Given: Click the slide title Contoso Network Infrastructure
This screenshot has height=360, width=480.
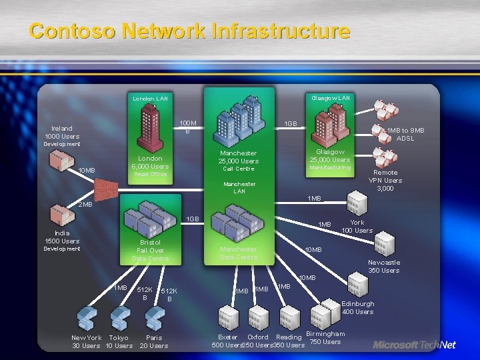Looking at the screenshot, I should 189,31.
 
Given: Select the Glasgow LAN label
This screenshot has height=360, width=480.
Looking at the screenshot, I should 330,97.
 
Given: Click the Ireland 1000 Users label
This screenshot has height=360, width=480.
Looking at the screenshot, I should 61,132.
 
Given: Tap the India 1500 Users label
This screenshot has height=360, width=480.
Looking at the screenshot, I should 62,237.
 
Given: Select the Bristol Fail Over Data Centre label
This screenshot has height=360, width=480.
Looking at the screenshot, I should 150,250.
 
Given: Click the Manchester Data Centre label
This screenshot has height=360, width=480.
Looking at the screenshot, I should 239,253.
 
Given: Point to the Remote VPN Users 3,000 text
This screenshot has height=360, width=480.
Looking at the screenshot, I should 385,180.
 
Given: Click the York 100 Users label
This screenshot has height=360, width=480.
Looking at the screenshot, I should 357,227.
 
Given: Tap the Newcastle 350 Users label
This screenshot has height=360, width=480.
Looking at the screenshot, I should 384,266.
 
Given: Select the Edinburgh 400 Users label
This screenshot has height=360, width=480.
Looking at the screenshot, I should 358,307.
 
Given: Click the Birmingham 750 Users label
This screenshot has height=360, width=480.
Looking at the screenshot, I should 325,337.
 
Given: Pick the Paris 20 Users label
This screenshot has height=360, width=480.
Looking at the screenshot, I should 154,341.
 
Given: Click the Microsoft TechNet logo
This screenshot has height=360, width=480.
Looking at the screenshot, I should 414,345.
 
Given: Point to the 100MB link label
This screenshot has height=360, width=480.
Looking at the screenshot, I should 188,127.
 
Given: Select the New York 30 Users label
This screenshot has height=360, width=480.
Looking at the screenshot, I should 86,341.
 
